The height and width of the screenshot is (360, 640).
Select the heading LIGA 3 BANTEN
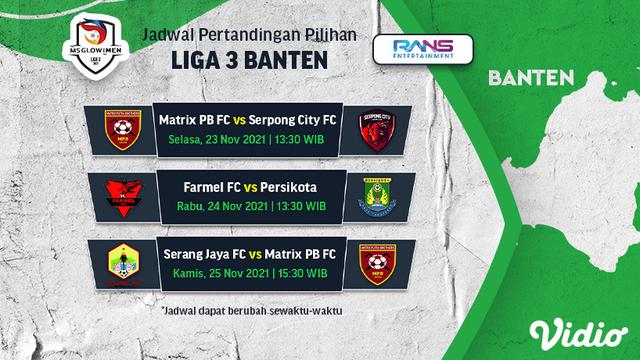click(x=250, y=59)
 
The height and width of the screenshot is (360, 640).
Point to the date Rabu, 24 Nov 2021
click(x=219, y=206)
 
